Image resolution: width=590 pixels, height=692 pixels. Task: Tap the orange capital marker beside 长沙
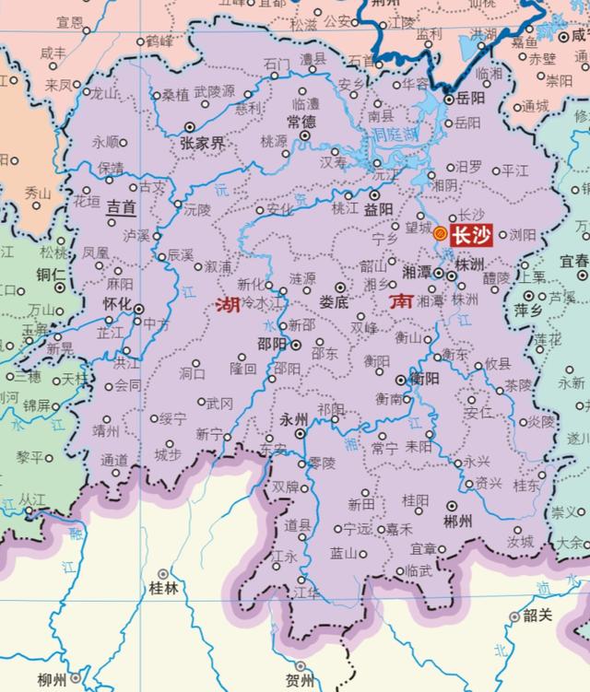(x=441, y=234)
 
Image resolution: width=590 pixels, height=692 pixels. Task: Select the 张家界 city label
(x=202, y=143)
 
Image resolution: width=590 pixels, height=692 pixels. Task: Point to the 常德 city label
(x=301, y=121)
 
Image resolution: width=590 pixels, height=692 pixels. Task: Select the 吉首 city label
(x=121, y=207)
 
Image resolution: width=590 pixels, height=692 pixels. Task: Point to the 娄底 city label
(x=334, y=301)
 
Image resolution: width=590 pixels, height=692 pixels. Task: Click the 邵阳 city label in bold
(x=272, y=344)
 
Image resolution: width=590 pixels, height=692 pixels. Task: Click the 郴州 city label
(x=458, y=521)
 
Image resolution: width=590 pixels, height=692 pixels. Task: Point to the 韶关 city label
(x=536, y=616)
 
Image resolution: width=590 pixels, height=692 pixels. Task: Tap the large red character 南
(x=401, y=301)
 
